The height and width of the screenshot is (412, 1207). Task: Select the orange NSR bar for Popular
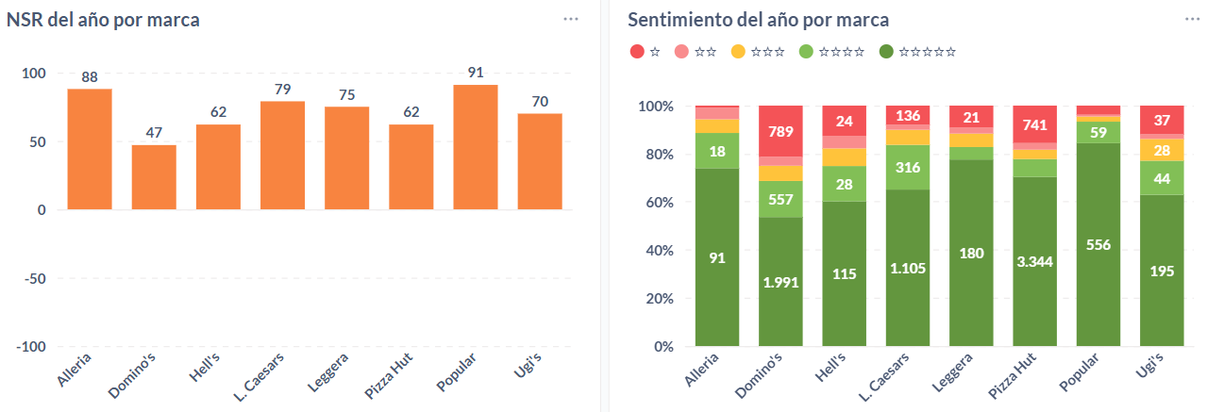(x=475, y=147)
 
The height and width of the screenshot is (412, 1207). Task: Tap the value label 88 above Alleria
(x=90, y=77)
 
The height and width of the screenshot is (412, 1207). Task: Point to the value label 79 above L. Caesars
(x=282, y=90)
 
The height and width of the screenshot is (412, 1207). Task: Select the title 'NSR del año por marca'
(x=103, y=20)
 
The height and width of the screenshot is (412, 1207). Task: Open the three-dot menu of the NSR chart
(x=571, y=19)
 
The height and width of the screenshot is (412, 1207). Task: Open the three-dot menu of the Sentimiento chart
(x=1192, y=19)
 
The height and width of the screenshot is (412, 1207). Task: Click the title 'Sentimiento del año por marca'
(x=759, y=20)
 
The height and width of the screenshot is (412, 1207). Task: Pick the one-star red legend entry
(x=645, y=52)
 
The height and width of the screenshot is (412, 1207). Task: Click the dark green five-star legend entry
(x=917, y=52)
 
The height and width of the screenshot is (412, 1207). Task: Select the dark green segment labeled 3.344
(x=1034, y=261)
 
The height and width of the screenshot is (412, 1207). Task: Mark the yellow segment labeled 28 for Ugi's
(x=1162, y=150)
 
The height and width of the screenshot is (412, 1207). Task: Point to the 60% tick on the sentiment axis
(x=657, y=202)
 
